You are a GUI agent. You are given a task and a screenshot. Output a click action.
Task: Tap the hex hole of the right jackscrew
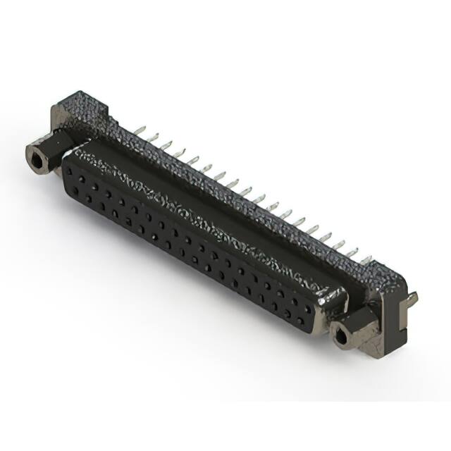342,338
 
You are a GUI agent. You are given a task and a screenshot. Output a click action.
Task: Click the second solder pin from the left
154,137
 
